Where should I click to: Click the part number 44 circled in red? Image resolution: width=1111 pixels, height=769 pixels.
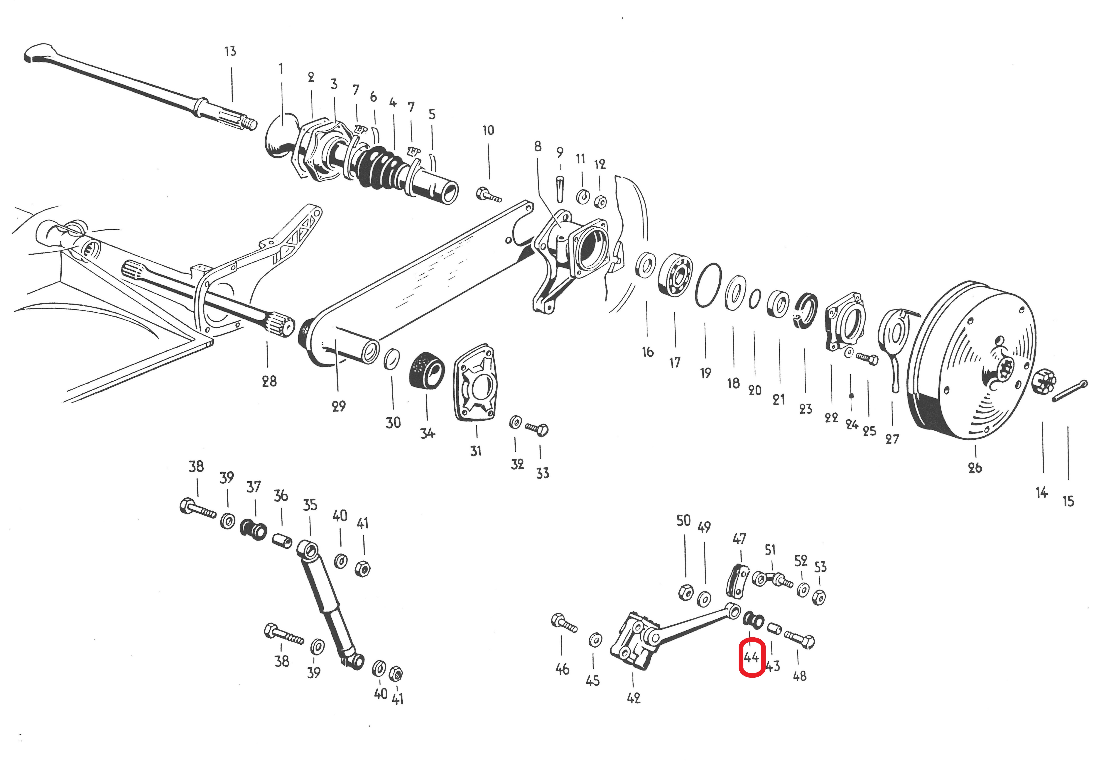752,657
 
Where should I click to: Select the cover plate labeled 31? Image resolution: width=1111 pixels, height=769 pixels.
476,382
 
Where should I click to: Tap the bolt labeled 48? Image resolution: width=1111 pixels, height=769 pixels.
800,640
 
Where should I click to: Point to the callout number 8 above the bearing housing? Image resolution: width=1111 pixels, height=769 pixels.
538,146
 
